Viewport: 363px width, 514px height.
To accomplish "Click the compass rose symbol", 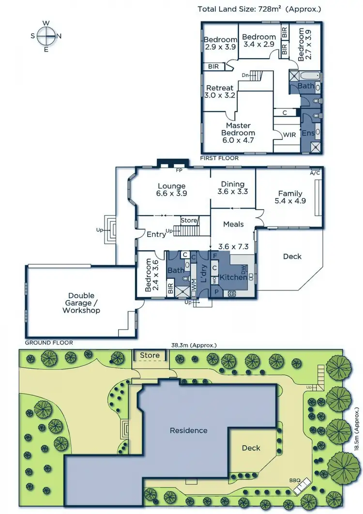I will click(46, 35).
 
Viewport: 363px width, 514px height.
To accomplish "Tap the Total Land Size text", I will click(259, 9).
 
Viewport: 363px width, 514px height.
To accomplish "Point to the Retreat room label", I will click(220, 91).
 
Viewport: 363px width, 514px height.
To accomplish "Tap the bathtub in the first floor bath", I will click(305, 76).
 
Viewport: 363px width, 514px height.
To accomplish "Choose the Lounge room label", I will click(171, 189).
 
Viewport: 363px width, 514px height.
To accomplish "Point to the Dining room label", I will click(233, 187).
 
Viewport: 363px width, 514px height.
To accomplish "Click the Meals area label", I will click(233, 224).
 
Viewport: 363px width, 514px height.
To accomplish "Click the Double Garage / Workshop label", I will click(81, 302).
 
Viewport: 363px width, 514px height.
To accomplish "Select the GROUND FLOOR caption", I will click(49, 342).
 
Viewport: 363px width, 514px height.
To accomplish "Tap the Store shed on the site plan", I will click(150, 356).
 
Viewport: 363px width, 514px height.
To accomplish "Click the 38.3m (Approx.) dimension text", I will click(194, 345).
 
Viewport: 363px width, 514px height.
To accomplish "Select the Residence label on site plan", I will click(188, 430).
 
